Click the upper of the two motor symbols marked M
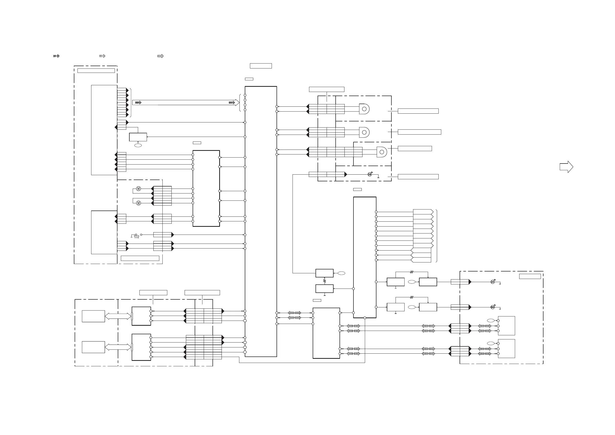(x=138, y=189)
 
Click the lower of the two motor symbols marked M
(x=138, y=203)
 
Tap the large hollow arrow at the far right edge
(x=566, y=167)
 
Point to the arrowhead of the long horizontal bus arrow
(x=237, y=102)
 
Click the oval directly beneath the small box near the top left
(x=138, y=145)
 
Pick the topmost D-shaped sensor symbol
(x=364, y=109)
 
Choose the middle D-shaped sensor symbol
(x=364, y=133)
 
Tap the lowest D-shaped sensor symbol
(x=382, y=152)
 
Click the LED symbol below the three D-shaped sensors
(x=370, y=174)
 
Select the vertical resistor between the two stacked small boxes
(x=325, y=281)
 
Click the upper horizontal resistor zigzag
(x=412, y=272)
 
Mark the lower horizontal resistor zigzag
(x=412, y=297)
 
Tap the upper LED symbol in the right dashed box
(x=493, y=282)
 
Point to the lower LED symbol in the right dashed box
(x=493, y=307)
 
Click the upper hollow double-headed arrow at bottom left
(x=118, y=316)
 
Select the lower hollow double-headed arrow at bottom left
(x=118, y=347)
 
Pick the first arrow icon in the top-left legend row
(x=56, y=56)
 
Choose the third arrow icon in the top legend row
(x=160, y=56)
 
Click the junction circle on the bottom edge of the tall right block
(x=365, y=318)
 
